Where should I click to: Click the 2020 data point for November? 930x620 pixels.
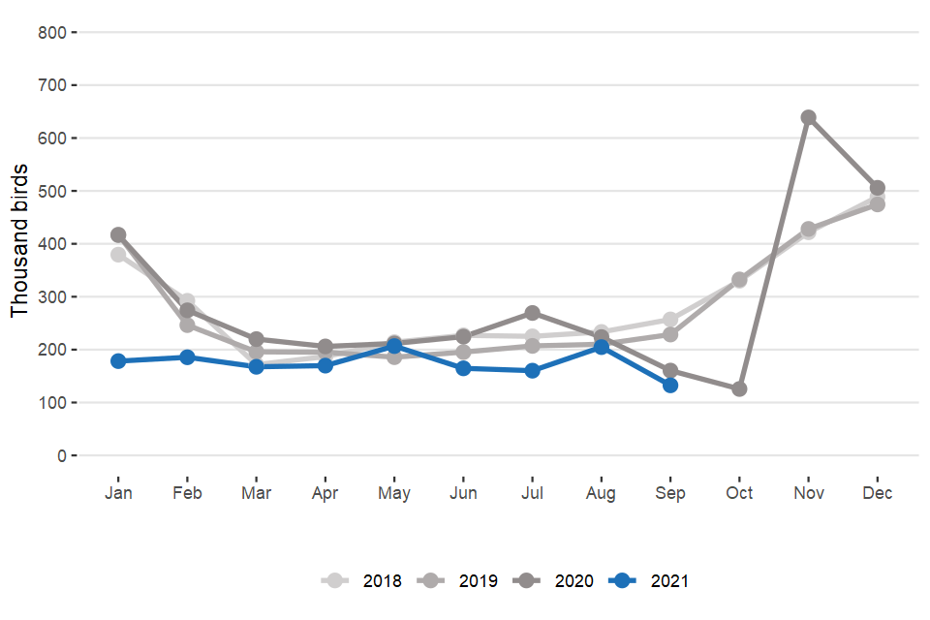coord(808,118)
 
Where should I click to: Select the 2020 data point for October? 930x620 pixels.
coord(739,388)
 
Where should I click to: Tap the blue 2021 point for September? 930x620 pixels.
coord(670,385)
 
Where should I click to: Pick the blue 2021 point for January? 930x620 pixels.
coord(118,360)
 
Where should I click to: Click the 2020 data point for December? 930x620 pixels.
coord(877,188)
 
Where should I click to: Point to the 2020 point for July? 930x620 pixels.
coord(532,313)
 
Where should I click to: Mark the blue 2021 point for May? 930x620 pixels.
coord(394,346)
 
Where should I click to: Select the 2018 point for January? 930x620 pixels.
coord(118,255)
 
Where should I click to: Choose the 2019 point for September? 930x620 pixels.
coord(670,334)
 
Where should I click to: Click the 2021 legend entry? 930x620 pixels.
coord(649,581)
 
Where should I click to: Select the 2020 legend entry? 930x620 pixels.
coord(552,581)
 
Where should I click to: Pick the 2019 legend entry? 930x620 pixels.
coord(455,581)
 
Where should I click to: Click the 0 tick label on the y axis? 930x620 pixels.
coord(60,455)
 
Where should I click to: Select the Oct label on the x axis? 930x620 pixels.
coord(739,493)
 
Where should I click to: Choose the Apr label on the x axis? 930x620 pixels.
coord(325,493)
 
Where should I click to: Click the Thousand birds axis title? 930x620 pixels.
coord(20,239)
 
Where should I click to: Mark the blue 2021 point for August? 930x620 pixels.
coord(601,347)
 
